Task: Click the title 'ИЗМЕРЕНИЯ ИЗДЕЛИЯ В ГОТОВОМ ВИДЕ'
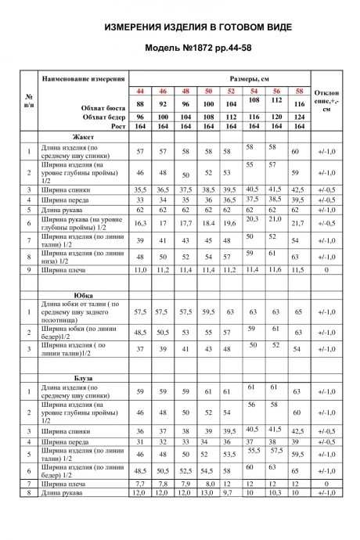pos(199,27)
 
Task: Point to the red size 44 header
pos(141,92)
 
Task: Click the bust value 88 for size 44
pos(141,104)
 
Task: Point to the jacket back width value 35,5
pos(141,189)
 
